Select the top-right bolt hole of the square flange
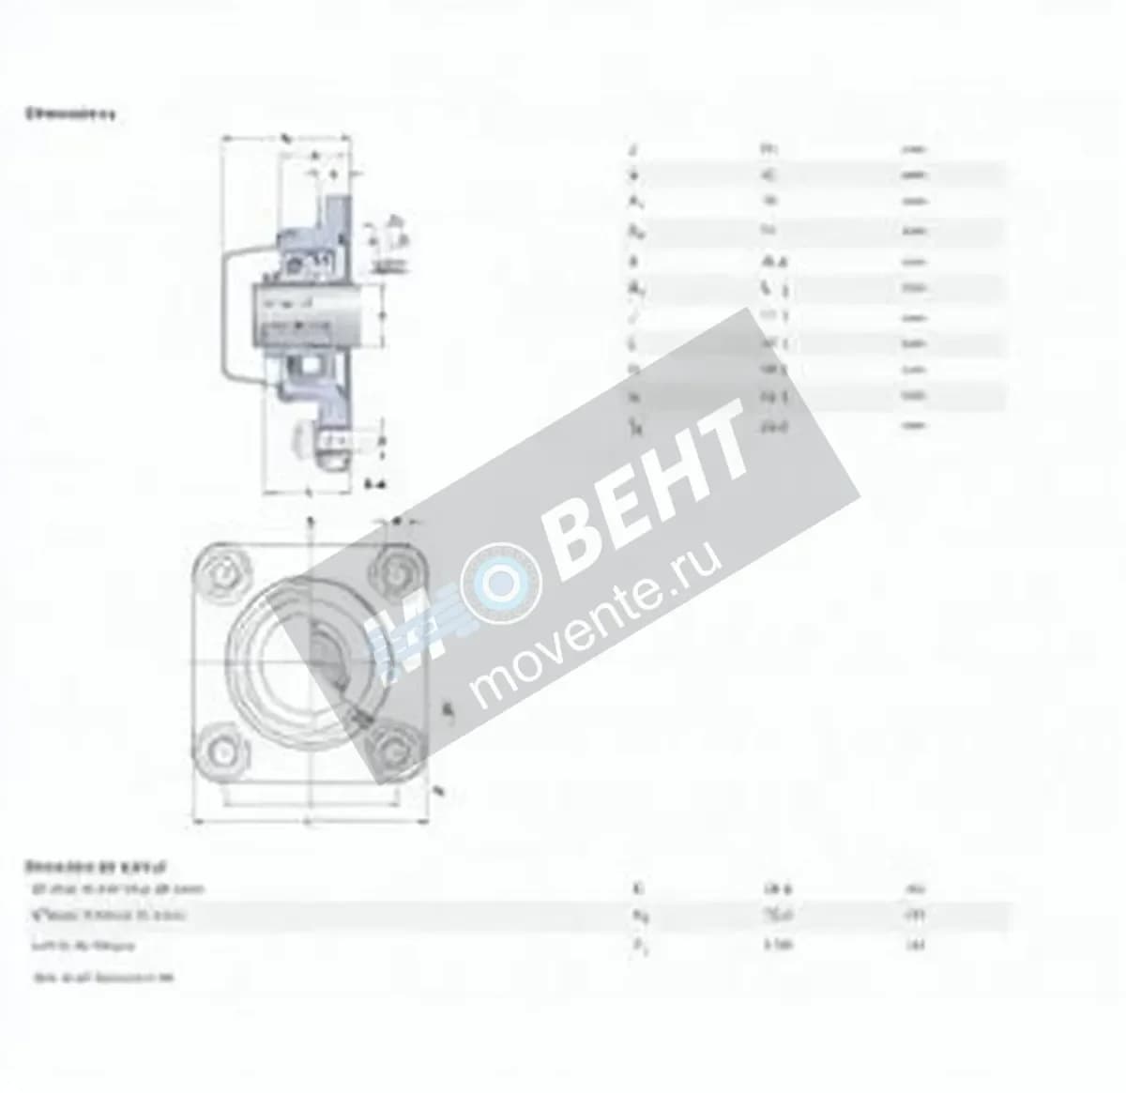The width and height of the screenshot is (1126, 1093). click(395, 571)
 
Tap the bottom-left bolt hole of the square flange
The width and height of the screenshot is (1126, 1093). click(222, 751)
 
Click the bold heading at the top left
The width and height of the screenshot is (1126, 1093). click(70, 114)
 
